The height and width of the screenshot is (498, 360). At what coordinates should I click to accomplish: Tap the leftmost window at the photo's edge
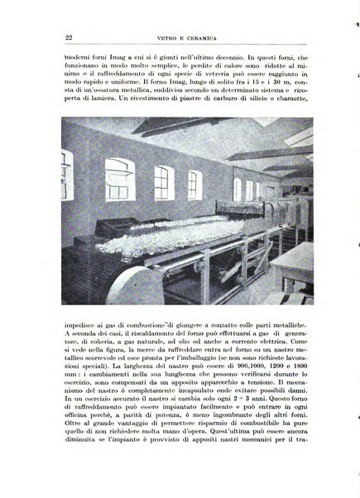66,175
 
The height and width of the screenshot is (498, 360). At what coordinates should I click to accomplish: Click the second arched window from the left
120,179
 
